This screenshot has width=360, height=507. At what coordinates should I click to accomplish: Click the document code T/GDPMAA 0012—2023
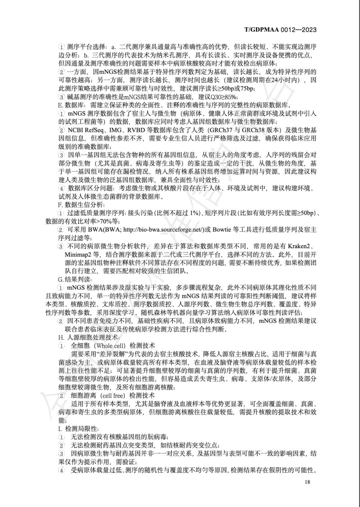280,30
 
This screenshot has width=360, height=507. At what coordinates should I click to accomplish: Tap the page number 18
307,482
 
